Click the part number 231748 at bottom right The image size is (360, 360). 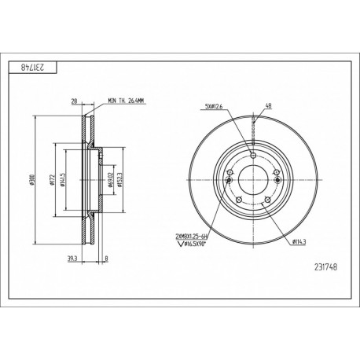321,265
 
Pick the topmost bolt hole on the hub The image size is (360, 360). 253,153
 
